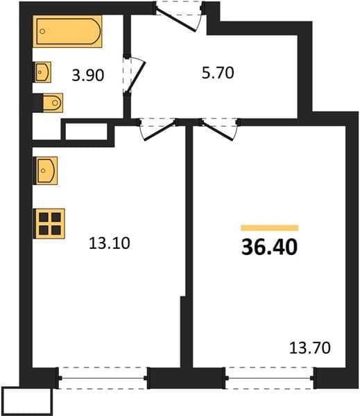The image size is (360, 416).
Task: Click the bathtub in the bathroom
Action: pyautogui.click(x=67, y=31)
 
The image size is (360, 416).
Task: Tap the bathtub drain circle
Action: pyautogui.click(x=42, y=31)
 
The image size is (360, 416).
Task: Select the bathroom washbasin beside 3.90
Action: pyautogui.click(x=42, y=72)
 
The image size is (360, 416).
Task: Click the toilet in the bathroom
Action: pyautogui.click(x=52, y=103)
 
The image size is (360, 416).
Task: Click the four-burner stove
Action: pyautogui.click(x=49, y=224)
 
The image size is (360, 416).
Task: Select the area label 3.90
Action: pyautogui.click(x=88, y=76)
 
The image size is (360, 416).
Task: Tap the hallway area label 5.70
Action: pyautogui.click(x=218, y=73)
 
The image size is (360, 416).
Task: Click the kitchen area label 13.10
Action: pyautogui.click(x=110, y=243)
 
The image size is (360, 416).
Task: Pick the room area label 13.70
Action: pyautogui.click(x=310, y=348)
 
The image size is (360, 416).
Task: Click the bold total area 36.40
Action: pyautogui.click(x=269, y=247)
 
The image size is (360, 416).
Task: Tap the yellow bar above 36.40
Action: pyautogui.click(x=270, y=228)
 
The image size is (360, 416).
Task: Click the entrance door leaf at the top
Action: pyautogui.click(x=175, y=20)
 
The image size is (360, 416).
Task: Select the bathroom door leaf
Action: pyautogui.click(x=136, y=78)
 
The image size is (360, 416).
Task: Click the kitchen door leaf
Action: pyautogui.click(x=160, y=130)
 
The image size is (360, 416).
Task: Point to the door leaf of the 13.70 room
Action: pyautogui.click(x=218, y=131)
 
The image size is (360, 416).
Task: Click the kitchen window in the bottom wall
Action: pyautogui.click(x=103, y=378)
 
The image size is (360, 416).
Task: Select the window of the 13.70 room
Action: pyautogui.click(x=270, y=378)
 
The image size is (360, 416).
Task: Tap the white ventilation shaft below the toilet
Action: pyautogui.click(x=87, y=131)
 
